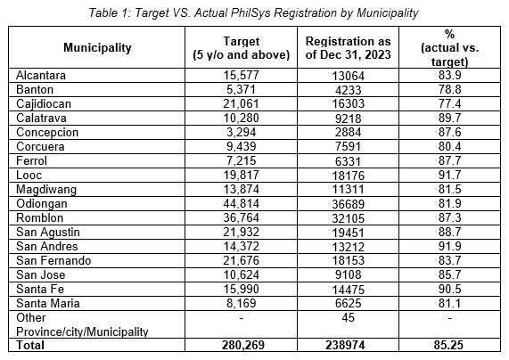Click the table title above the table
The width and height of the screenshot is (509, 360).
click(x=253, y=13)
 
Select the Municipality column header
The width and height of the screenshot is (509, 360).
click(x=97, y=48)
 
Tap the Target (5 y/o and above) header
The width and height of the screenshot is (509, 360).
click(x=242, y=48)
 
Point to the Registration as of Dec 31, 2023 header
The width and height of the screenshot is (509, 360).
click(x=348, y=48)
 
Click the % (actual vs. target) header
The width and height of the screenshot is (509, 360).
click(x=449, y=48)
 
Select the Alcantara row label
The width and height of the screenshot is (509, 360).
click(x=41, y=76)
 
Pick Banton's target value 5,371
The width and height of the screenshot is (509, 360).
click(x=242, y=90)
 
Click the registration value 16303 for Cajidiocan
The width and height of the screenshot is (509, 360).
click(x=348, y=104)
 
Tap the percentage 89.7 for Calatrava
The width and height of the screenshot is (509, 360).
click(x=449, y=118)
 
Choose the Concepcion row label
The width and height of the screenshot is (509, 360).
click(x=47, y=133)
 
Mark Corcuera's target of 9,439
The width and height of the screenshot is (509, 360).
click(x=242, y=147)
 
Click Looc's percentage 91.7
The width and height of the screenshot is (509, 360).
click(x=449, y=175)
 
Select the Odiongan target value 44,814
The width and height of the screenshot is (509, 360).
click(x=242, y=203)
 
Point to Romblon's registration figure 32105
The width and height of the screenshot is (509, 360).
click(x=348, y=218)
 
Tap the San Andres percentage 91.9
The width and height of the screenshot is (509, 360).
click(x=449, y=246)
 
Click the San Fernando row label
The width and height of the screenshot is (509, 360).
click(x=53, y=261)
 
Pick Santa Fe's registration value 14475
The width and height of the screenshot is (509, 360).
click(x=348, y=290)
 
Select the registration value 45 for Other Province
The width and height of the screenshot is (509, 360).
click(x=348, y=317)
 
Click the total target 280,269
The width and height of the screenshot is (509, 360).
click(x=243, y=345)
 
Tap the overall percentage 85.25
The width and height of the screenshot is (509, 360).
click(x=448, y=345)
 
